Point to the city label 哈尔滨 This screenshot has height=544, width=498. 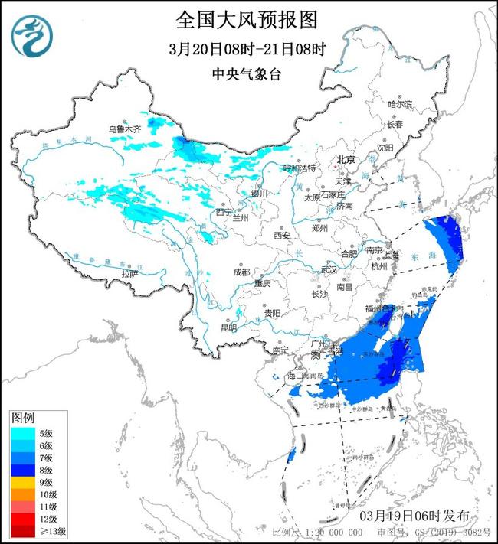click(x=399, y=103)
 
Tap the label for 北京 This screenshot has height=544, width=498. click(x=347, y=160)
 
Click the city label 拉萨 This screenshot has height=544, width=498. click(x=129, y=272)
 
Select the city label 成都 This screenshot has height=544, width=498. click(x=242, y=272)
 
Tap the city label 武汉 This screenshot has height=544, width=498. click(x=329, y=269)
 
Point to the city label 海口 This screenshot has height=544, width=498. click(x=296, y=376)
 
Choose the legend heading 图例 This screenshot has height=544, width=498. click(x=23, y=418)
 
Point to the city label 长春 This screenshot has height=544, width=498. click(x=395, y=123)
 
